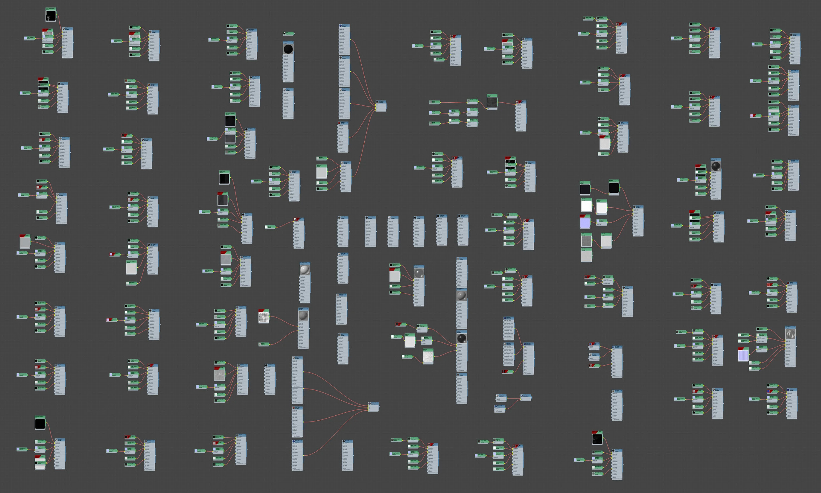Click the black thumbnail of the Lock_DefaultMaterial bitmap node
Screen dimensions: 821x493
pos(51,16)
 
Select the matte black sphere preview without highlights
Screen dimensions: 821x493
pos(288,49)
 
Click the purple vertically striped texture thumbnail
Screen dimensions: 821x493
pos(743,355)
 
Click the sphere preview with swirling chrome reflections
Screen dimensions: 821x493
pos(790,334)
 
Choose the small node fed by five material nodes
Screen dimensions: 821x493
pos(381,106)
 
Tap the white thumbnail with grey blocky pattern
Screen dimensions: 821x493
pos(263,317)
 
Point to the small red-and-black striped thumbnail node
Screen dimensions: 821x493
pos(507,372)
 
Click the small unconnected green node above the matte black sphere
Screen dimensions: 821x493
pos(288,34)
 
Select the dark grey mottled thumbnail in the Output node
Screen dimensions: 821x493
pos(492,103)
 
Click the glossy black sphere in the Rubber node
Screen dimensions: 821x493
pos(462,339)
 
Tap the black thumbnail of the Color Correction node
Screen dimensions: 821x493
pos(614,188)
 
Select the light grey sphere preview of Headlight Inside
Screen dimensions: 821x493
pos(305,270)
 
